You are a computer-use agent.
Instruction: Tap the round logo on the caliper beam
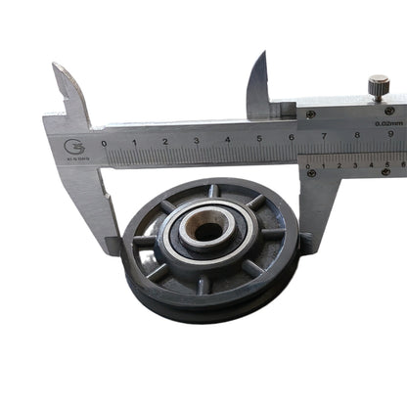[x=74, y=147]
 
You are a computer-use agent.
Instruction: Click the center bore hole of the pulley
[x=206, y=232]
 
